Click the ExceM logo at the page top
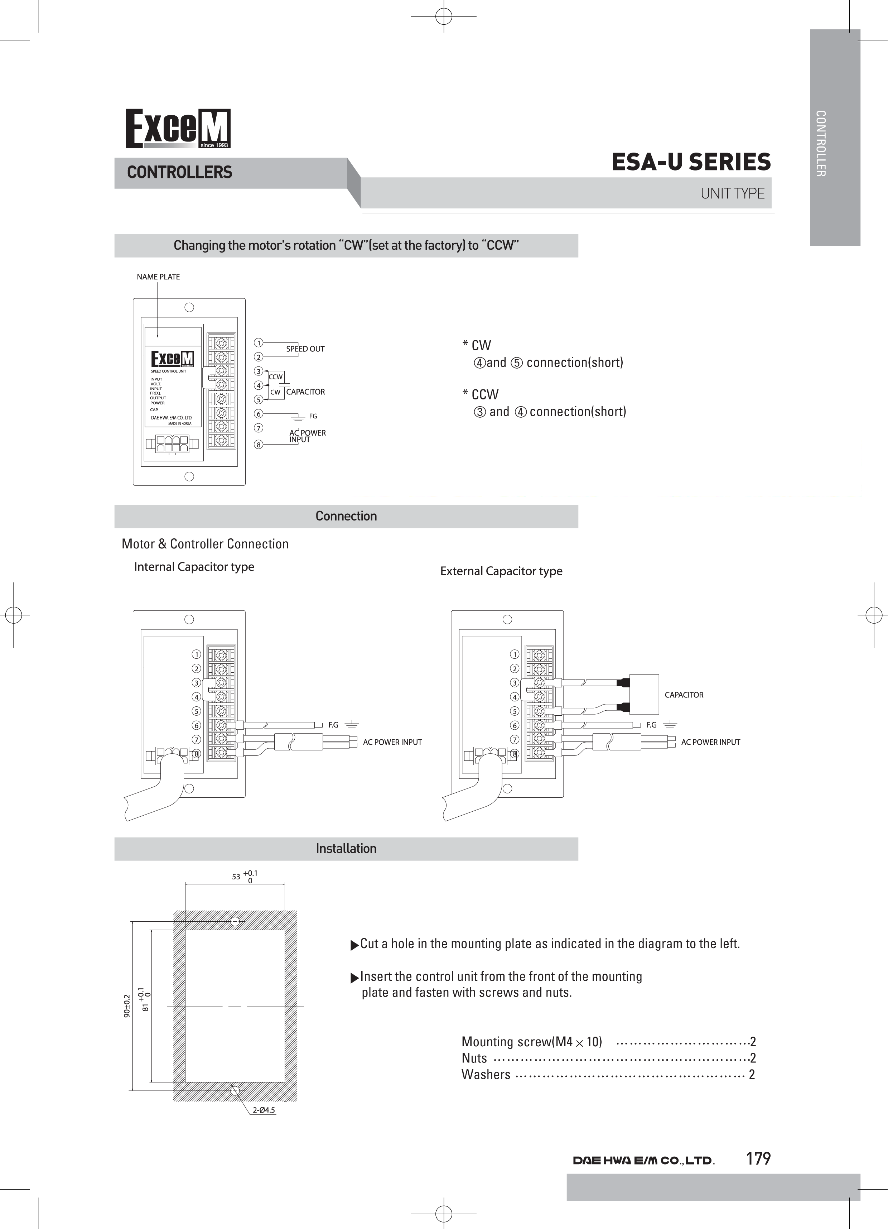[178, 129]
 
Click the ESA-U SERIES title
[691, 162]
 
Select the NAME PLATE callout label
[158, 277]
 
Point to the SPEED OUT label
[305, 349]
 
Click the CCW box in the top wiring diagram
[276, 376]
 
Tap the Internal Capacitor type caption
[194, 567]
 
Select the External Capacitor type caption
[501, 571]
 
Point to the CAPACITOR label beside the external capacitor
[684, 695]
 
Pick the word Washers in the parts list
[486, 1075]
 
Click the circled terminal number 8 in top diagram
[259, 445]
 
